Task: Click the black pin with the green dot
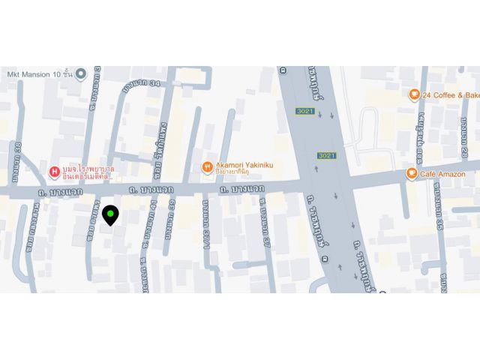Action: (x=110, y=216)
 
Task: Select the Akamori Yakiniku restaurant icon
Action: (x=208, y=168)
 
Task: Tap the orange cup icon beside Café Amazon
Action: (x=412, y=173)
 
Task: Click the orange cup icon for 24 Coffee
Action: (x=413, y=94)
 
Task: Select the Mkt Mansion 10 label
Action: (x=40, y=73)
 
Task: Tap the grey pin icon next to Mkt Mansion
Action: (x=81, y=73)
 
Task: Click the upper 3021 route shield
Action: (x=302, y=111)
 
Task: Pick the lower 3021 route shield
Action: (x=326, y=155)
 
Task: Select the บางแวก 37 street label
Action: (x=264, y=226)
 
